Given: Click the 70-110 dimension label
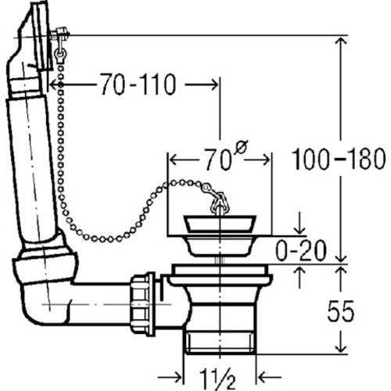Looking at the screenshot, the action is (x=138, y=84).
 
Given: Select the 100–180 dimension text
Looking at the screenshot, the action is (x=339, y=159).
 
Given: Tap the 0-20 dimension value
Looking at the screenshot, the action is (x=301, y=250).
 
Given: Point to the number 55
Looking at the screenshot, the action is (x=341, y=311).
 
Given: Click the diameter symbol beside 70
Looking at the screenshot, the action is (x=241, y=148).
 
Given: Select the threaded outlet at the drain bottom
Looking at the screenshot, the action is (x=221, y=341).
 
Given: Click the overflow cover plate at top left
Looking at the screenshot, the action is (x=41, y=35).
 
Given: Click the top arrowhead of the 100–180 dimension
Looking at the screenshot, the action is (x=341, y=41).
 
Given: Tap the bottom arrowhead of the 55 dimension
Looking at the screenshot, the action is (x=341, y=347).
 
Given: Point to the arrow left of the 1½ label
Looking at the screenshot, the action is (x=170, y=377).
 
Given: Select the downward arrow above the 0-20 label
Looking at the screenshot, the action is (x=300, y=224).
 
